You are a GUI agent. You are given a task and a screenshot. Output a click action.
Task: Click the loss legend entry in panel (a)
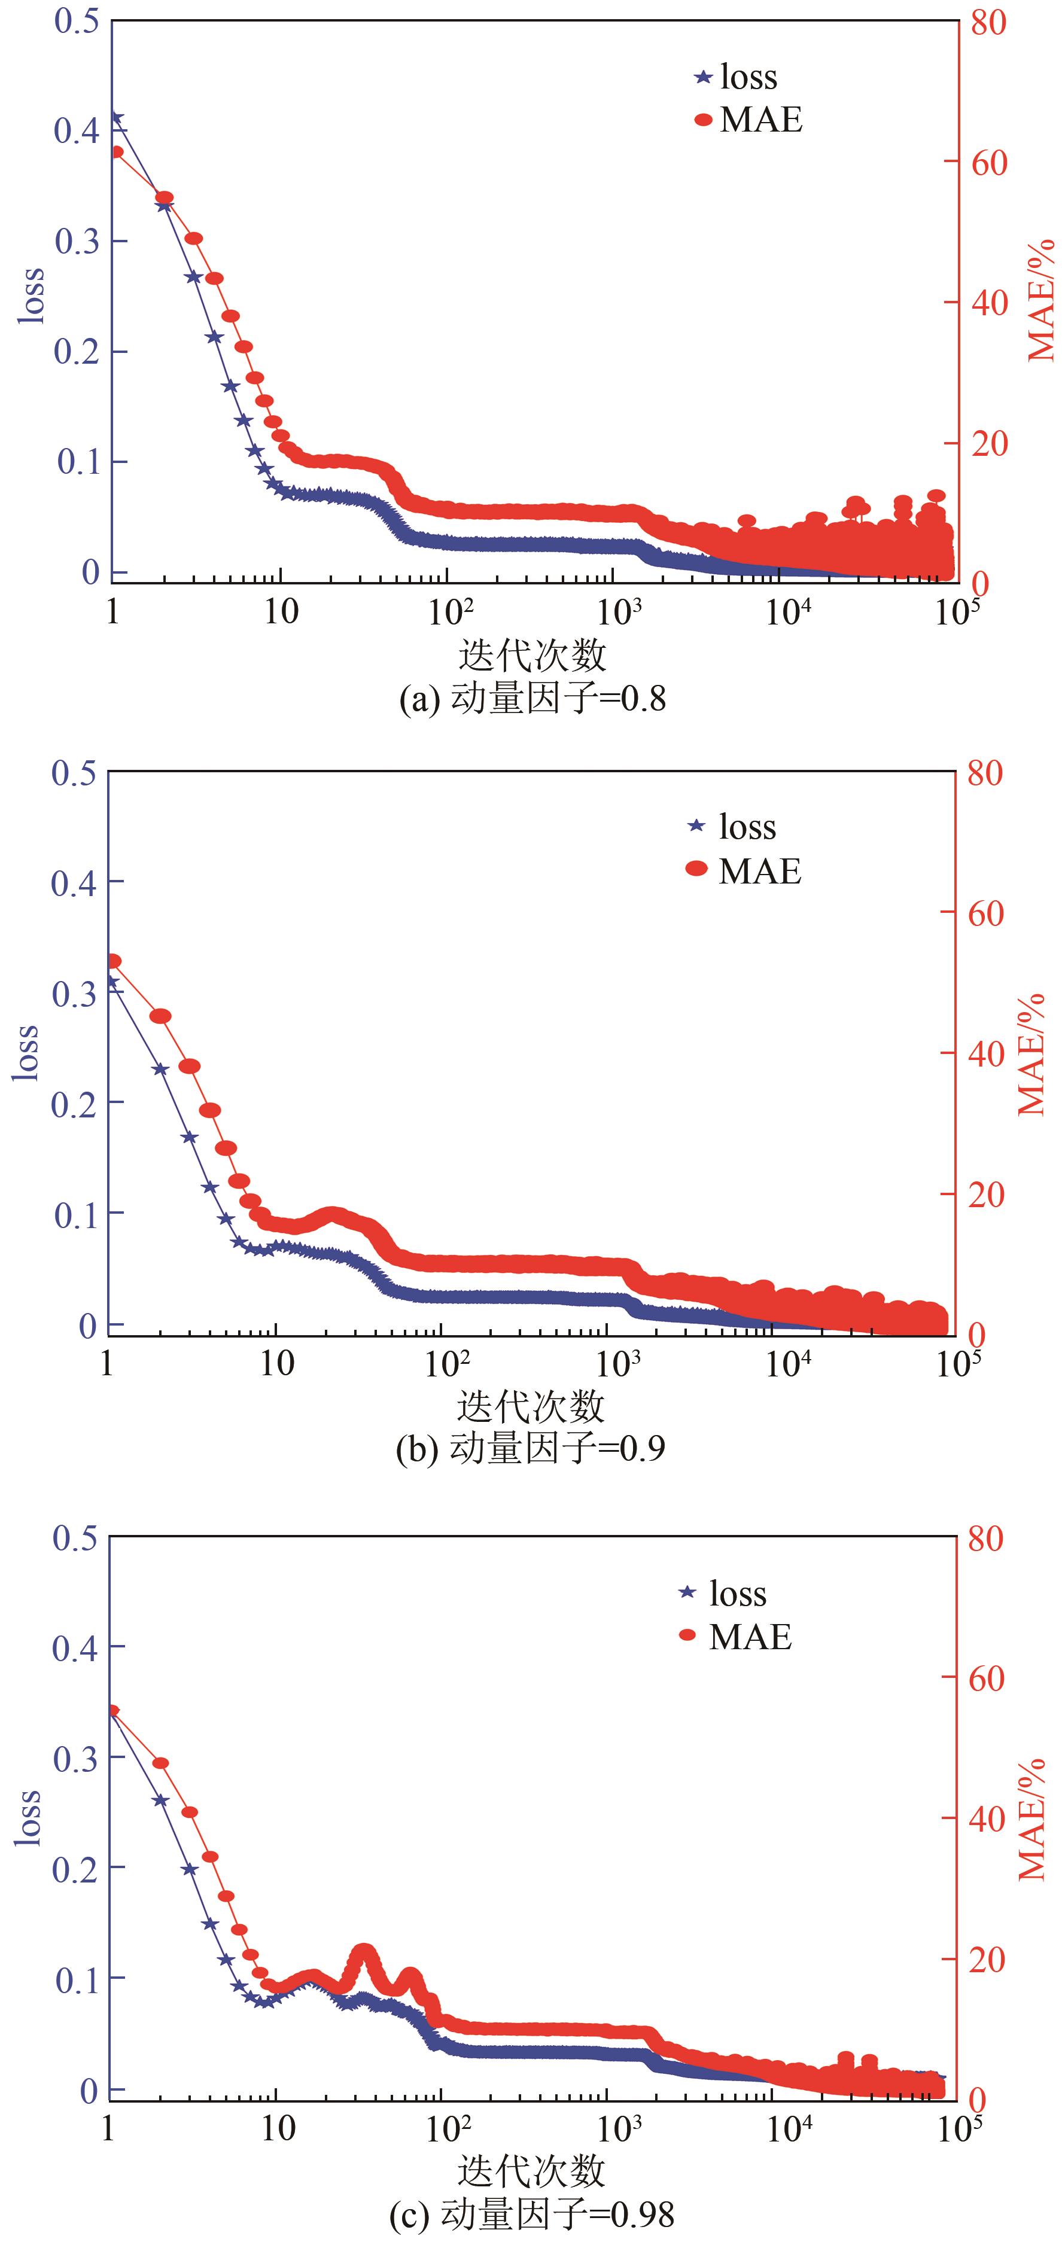735,77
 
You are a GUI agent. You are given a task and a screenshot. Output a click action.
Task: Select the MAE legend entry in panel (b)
744,870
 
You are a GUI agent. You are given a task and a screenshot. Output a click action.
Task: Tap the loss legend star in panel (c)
687,1593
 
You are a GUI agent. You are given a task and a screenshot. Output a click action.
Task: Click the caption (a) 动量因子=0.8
532,699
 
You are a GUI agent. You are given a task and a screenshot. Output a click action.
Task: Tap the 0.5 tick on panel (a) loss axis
76,21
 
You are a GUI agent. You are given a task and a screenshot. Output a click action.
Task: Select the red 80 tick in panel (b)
985,772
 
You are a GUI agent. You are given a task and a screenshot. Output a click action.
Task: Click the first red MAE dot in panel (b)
113,961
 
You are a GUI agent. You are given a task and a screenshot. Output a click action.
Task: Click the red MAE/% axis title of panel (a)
1040,300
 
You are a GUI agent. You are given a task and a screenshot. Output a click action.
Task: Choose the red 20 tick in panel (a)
989,444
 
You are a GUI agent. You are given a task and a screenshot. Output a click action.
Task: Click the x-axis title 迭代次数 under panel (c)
531,2171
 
